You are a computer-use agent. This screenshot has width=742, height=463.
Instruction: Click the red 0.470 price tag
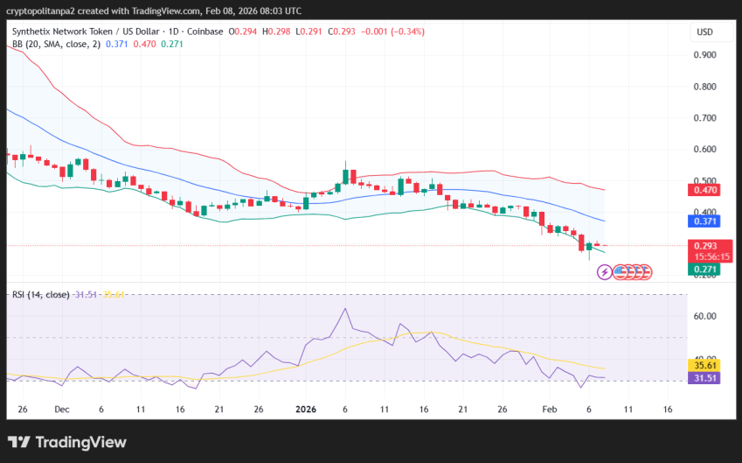click(704, 190)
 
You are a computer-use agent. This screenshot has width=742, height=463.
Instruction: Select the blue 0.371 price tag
click(704, 221)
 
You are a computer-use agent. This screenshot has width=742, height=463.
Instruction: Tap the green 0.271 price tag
click(704, 270)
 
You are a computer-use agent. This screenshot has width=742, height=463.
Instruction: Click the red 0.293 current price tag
click(704, 246)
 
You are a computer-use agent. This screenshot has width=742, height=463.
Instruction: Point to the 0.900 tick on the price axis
click(704, 54)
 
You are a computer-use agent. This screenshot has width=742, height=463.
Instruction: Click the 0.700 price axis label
click(704, 117)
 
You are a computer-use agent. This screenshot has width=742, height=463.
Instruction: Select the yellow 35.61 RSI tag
click(704, 364)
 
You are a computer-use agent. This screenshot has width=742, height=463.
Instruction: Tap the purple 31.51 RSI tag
click(704, 378)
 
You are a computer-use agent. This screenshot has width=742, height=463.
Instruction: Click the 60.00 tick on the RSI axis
click(704, 316)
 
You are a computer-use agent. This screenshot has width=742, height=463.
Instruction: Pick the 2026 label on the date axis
click(306, 409)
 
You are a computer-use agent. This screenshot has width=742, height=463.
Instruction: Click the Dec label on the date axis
click(61, 409)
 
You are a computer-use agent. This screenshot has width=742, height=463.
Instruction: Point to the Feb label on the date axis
click(550, 409)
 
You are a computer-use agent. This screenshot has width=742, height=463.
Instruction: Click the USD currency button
click(704, 32)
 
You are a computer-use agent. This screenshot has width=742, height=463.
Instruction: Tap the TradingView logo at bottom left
click(67, 443)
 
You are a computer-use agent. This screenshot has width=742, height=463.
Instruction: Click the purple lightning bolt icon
click(604, 272)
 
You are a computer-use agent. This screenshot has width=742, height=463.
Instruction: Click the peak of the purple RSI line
click(345, 309)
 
